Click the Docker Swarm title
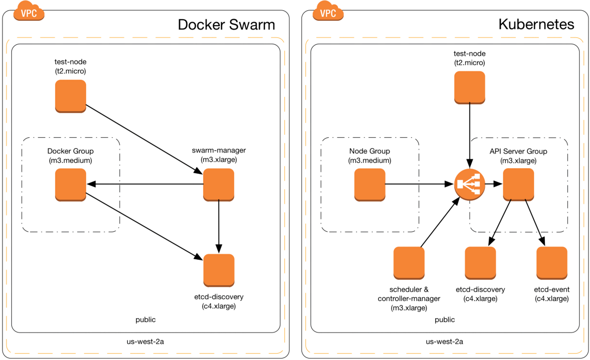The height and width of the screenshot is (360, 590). (226, 25)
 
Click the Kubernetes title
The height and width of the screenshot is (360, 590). (536, 24)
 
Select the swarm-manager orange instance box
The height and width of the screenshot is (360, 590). (219, 185)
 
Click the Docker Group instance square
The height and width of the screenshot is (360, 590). (71, 185)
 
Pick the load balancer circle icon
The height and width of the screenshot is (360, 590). (470, 184)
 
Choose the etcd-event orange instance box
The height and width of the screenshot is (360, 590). (552, 263)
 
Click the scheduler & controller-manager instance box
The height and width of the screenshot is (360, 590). (409, 263)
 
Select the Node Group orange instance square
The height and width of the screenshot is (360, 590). (370, 185)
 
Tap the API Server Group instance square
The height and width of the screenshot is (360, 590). (518, 185)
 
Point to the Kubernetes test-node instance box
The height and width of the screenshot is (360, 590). (470, 88)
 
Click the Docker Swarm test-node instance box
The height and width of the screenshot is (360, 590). (71, 96)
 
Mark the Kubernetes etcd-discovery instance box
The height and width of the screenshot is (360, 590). (480, 263)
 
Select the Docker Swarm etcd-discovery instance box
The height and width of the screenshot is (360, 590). (219, 270)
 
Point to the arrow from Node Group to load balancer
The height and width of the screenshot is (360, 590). (419, 184)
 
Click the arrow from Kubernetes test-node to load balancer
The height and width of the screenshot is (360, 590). (470, 136)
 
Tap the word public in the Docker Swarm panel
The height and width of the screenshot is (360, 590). (146, 320)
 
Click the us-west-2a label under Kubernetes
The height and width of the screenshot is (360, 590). (444, 342)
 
